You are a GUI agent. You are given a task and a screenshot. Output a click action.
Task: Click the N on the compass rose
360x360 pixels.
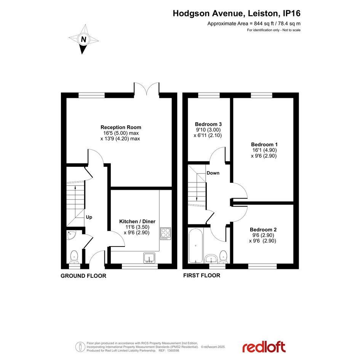pos(83,40)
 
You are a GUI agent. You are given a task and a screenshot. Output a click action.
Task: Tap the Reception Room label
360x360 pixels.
pos(121,127)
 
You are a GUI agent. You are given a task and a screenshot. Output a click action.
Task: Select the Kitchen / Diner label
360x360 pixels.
pos(137,221)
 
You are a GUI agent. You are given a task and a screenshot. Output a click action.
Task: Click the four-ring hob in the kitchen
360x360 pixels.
pos(166,234)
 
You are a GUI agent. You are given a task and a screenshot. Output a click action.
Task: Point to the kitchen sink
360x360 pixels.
pos(149,258)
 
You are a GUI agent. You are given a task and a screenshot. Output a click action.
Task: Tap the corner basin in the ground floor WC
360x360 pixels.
pos(72,235)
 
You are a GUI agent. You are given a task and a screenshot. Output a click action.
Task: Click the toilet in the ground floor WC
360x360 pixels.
pos(74,257)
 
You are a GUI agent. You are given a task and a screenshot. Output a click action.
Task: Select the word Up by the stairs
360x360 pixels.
pos(89,217)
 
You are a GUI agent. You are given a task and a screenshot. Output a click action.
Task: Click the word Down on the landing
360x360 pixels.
pos(213,173)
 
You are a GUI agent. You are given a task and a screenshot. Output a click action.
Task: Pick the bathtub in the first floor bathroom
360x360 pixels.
pos(195,245)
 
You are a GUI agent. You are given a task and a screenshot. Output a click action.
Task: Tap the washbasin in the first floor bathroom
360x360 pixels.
pos(211,259)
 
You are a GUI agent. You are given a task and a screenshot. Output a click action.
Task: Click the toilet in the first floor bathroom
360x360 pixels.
pos(223,257)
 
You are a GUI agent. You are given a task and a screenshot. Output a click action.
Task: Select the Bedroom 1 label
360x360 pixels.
pos(264,144)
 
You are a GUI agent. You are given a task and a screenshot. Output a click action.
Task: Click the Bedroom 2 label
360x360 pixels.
pos(263,230)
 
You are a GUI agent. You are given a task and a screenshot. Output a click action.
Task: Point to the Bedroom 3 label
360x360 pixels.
pos(208,124)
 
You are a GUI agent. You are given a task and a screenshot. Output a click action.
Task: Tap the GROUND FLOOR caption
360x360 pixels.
pos(83,276)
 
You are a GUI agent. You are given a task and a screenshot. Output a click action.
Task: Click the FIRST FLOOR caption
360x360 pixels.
pos(202,275)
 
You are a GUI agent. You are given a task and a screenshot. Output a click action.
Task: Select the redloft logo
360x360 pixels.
pos(264,347)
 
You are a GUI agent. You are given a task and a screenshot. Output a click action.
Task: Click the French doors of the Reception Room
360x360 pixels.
pos(147,89)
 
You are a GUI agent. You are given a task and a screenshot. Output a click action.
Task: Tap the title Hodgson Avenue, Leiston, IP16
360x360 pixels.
pos(237,13)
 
